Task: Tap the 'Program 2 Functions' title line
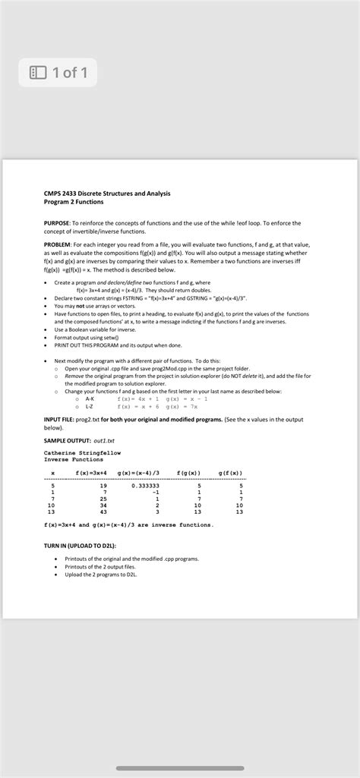pos(74,202)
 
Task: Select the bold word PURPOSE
pos(57,223)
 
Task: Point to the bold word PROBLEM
pos(58,244)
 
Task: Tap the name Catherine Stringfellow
pos(82,453)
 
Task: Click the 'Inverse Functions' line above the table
pos(73,460)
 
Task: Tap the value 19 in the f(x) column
pos(92,486)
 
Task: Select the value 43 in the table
pos(92,512)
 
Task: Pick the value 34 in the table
pos(92,505)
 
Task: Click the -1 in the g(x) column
pos(153,492)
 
